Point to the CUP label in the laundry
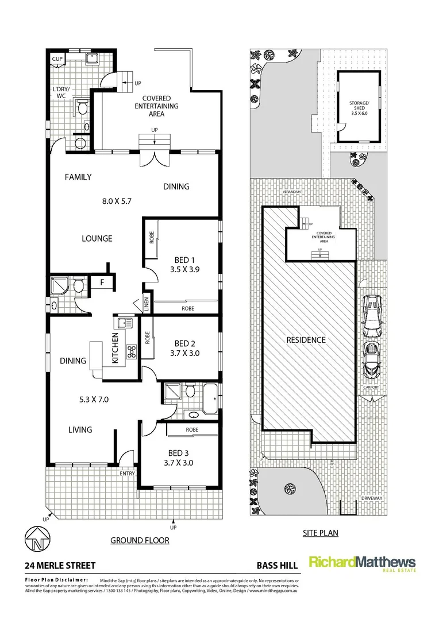coord(57,59)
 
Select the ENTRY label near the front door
coord(127,474)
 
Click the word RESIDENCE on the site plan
coord(306,340)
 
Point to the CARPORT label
coord(371,387)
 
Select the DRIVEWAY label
coord(371,498)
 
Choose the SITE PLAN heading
coord(320,533)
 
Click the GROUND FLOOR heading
coord(140,540)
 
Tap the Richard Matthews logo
coord(362,563)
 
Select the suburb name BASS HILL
coord(278,565)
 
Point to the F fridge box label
coord(102,282)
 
